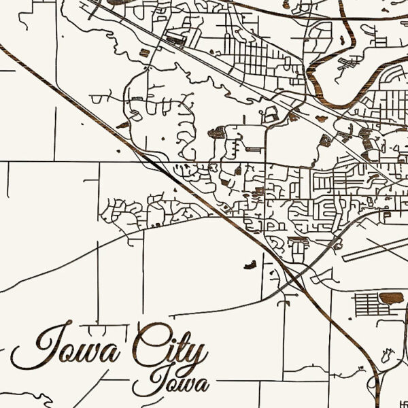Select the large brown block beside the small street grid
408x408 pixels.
[x=391, y=298]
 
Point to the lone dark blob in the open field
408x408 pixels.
[x=250, y=263]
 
